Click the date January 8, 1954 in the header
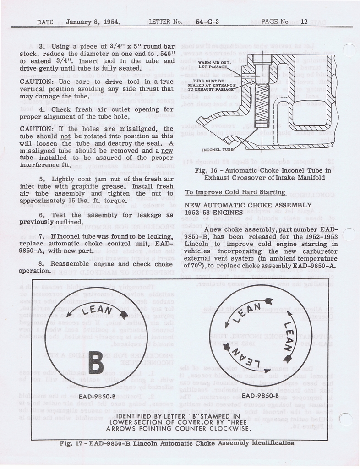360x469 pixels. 93,22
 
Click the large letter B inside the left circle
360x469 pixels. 95,361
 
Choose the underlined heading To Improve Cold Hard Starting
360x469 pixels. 235,192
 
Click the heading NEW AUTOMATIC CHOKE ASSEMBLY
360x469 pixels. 248,205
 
